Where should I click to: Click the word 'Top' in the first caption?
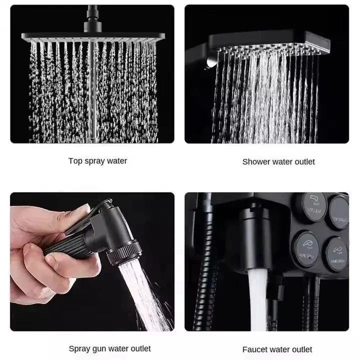pyautogui.click(x=75, y=161)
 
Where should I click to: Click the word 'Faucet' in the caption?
pyautogui.click(x=254, y=349)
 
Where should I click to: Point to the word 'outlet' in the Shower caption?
pyautogui.click(x=303, y=161)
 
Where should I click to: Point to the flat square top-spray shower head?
pyautogui.click(x=92, y=37)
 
